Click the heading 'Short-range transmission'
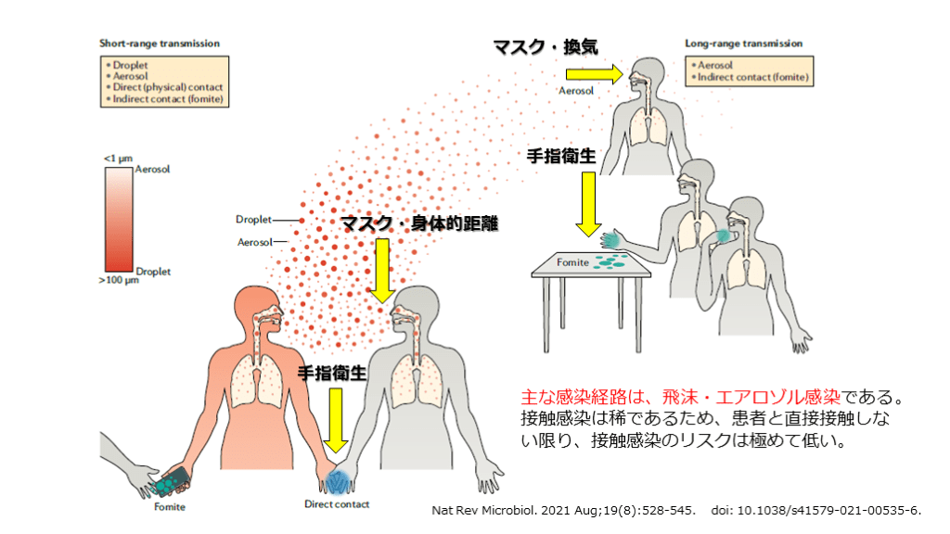click(x=160, y=44)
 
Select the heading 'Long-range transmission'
click(x=743, y=44)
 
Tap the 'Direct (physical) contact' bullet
click(x=167, y=88)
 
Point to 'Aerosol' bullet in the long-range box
click(x=712, y=66)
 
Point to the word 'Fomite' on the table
click(x=572, y=262)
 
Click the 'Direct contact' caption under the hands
click(x=337, y=504)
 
